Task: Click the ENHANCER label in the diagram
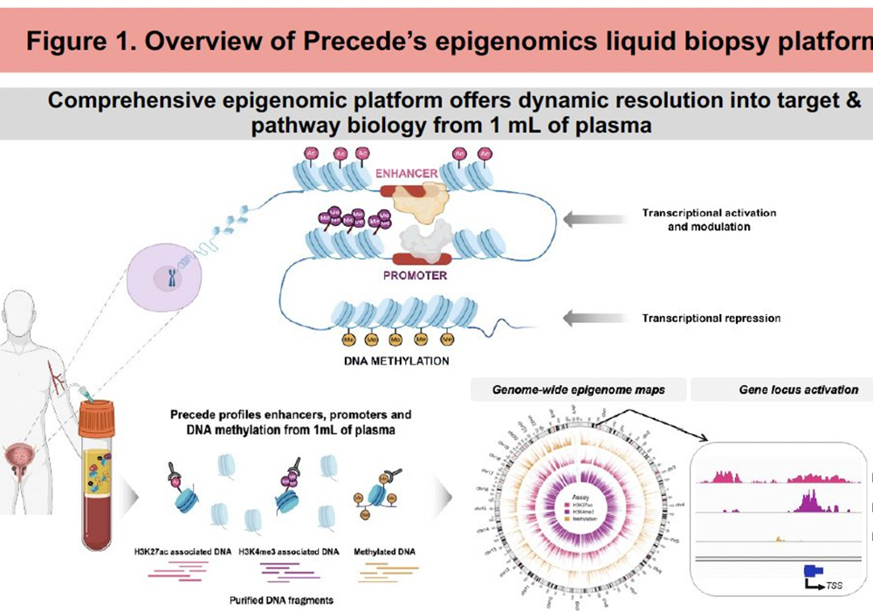click(x=406, y=173)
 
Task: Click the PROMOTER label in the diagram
click(x=414, y=275)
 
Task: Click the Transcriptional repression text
click(x=711, y=319)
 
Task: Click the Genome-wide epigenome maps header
click(x=578, y=389)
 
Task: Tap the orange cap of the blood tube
click(x=96, y=417)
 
